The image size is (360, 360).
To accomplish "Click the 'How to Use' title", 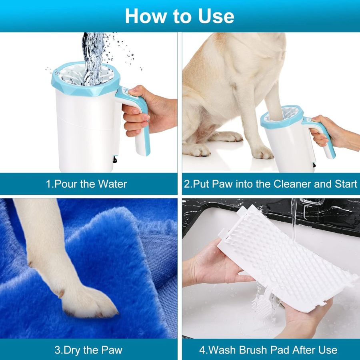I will (180, 16).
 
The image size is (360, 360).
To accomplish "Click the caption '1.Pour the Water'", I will (86, 184).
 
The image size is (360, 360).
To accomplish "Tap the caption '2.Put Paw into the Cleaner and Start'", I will (271, 184).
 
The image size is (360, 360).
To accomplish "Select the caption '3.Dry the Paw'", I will (88, 350).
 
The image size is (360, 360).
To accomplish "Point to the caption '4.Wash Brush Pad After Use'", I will (268, 350).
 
